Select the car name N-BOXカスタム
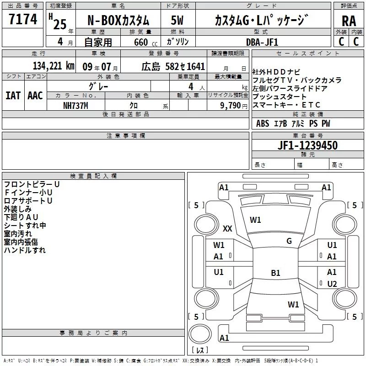coord(118,20)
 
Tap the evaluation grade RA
coord(349,21)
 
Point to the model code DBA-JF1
coord(261,42)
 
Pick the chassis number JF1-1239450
coord(307,145)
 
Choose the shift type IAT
coord(13,95)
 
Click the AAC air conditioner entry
coord(35,95)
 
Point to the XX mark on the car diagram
coord(227,229)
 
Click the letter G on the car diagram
coord(289,241)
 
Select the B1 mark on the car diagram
coord(275,273)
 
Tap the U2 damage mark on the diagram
coord(332,284)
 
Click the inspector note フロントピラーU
coord(32,184)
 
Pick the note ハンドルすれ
coord(25,250)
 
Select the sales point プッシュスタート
coord(280,97)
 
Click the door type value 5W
coord(178,20)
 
